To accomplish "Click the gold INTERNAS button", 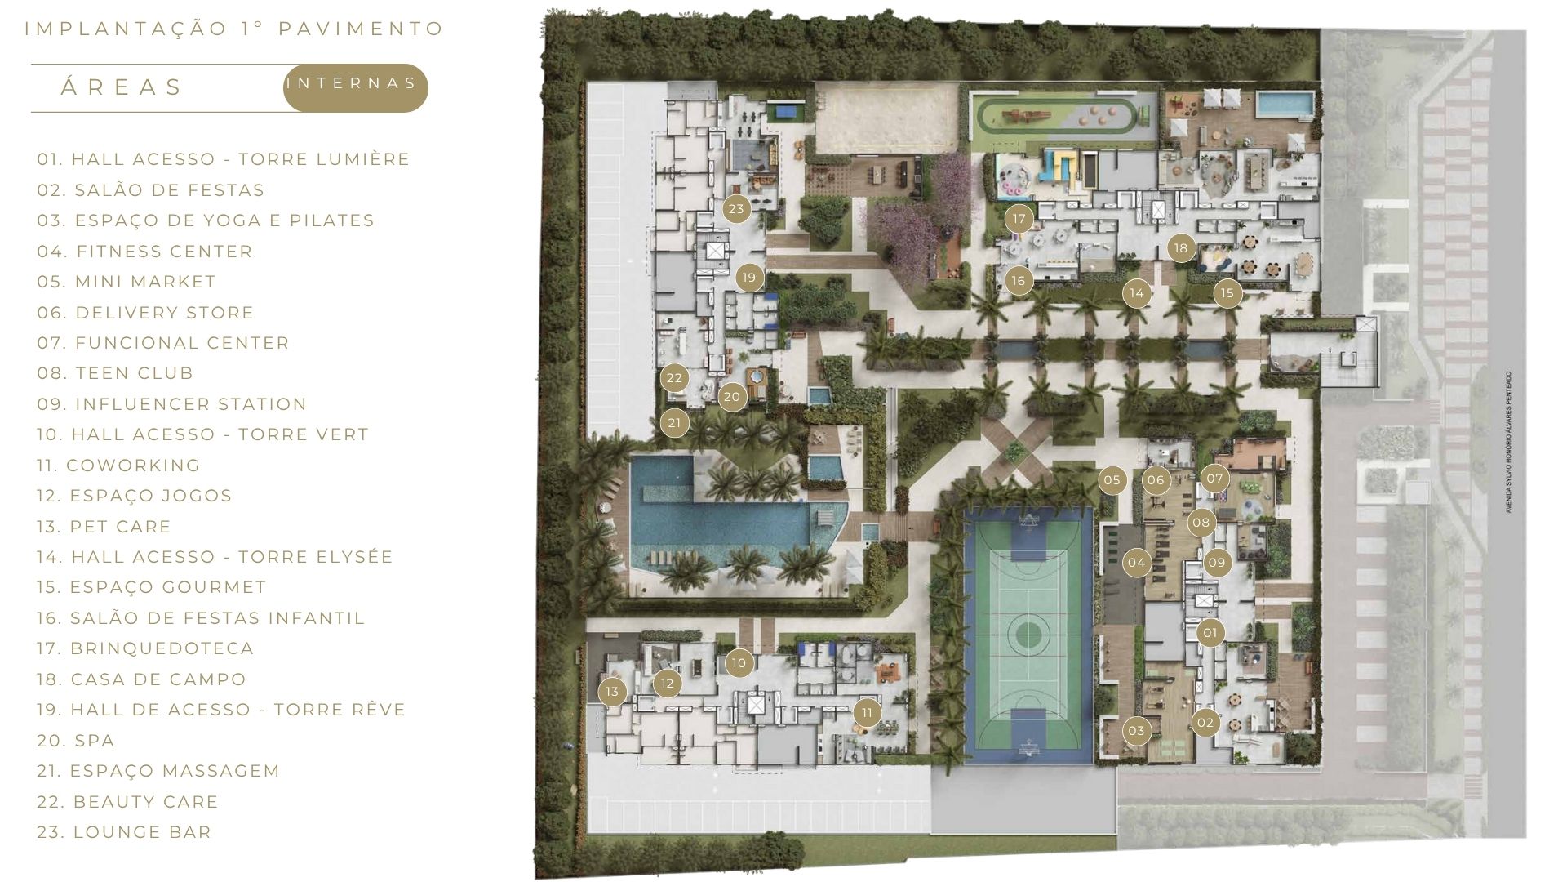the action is pyautogui.click(x=355, y=87).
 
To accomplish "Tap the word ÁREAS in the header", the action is pyautogui.click(x=122, y=87).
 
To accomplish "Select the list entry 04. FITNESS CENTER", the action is pyautogui.click(x=144, y=252).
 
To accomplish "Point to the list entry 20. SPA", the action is pyautogui.click(x=76, y=741).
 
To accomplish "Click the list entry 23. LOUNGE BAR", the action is pyautogui.click(x=124, y=832).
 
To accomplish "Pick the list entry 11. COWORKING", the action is pyautogui.click(x=118, y=465).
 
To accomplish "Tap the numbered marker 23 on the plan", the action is pyautogui.click(x=736, y=209).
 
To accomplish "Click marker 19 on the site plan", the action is pyautogui.click(x=749, y=278).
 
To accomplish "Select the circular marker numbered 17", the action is pyautogui.click(x=1019, y=219).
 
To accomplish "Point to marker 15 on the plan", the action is pyautogui.click(x=1227, y=293).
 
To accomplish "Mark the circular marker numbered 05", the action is pyautogui.click(x=1112, y=480).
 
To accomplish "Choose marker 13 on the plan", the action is pyautogui.click(x=612, y=693).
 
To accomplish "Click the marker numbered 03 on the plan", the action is pyautogui.click(x=1137, y=731).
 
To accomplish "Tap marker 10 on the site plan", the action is pyautogui.click(x=739, y=663).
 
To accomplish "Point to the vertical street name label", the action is pyautogui.click(x=1509, y=443).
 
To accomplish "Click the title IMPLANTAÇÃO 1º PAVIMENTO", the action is pyautogui.click(x=234, y=29).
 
